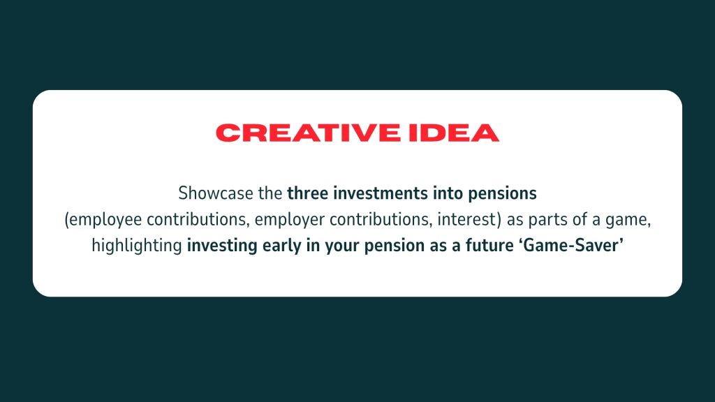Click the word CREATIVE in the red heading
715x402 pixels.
coord(308,133)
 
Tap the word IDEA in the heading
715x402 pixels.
coord(454,133)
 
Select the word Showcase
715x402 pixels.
coord(216,193)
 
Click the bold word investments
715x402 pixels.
coord(381,193)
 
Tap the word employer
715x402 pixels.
coord(290,220)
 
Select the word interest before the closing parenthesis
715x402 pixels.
coord(466,220)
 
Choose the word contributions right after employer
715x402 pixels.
coord(381,220)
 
